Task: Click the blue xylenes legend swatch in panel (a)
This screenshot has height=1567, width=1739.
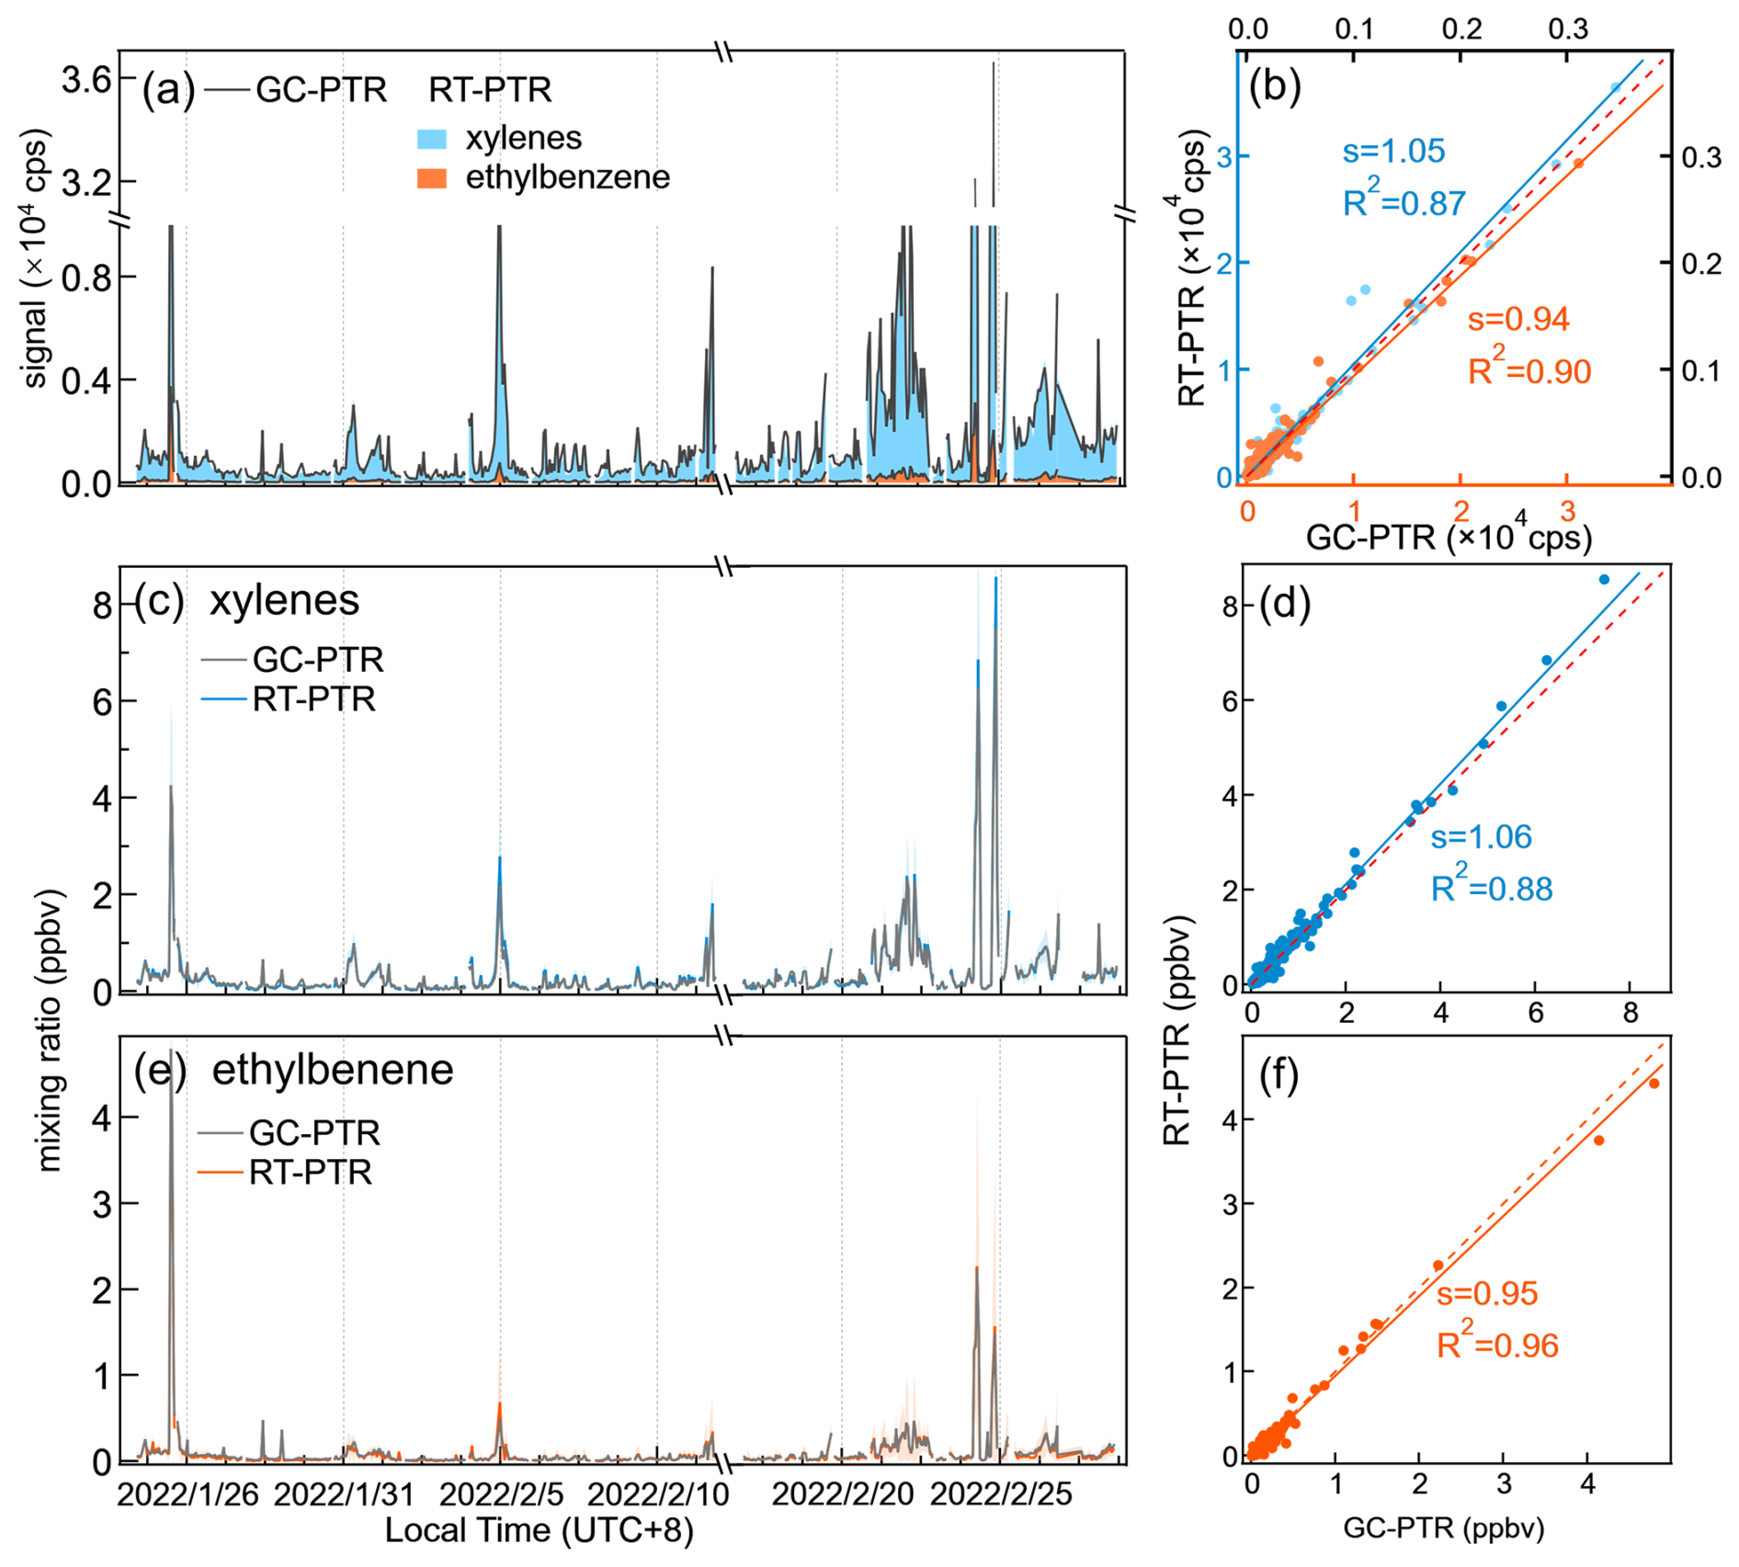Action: tap(432, 139)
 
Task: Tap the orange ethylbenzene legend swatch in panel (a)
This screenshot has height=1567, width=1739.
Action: tap(432, 178)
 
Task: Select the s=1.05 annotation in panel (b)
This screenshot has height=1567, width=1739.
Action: tap(1393, 151)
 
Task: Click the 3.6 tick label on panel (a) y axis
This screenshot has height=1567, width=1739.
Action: tap(85, 80)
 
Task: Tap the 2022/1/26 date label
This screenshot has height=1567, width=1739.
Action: tap(188, 1494)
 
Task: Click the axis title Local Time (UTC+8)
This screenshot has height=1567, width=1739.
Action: tap(539, 1530)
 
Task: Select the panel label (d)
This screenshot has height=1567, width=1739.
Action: tap(1285, 603)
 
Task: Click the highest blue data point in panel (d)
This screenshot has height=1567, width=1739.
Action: tap(1604, 580)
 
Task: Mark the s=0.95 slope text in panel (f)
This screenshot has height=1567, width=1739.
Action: tap(1487, 1293)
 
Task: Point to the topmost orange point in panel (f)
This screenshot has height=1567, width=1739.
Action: tap(1654, 1084)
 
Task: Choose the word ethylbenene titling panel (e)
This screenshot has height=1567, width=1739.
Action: tap(333, 1070)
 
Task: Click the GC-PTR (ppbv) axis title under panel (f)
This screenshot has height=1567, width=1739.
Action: tap(1444, 1527)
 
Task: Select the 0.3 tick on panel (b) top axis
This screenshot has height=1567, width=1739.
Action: tap(1568, 28)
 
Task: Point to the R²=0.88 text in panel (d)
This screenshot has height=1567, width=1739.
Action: tap(1491, 888)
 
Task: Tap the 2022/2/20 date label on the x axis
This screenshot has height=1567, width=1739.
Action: tap(843, 1494)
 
